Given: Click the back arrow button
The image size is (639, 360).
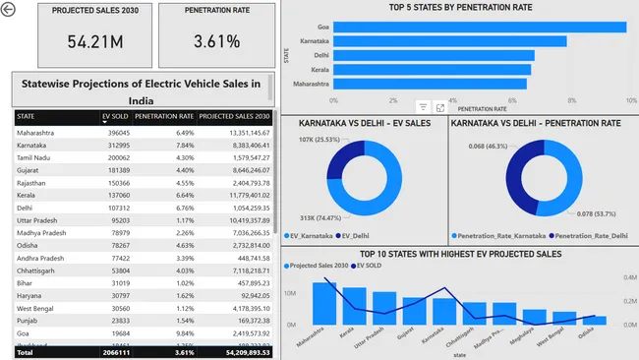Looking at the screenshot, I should pyautogui.click(x=9, y=10).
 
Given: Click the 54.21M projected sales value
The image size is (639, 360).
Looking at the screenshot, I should pyautogui.click(x=82, y=43).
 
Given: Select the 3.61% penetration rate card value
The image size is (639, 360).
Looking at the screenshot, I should pyautogui.click(x=216, y=43).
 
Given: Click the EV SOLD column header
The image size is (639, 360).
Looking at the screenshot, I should pyautogui.click(x=116, y=116).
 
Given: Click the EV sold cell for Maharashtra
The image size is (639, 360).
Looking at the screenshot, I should pyautogui.click(x=116, y=132).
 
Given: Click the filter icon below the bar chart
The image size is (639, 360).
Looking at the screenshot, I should pyautogui.click(x=423, y=106).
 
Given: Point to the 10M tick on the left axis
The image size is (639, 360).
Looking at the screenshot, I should pyautogui.click(x=293, y=293).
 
